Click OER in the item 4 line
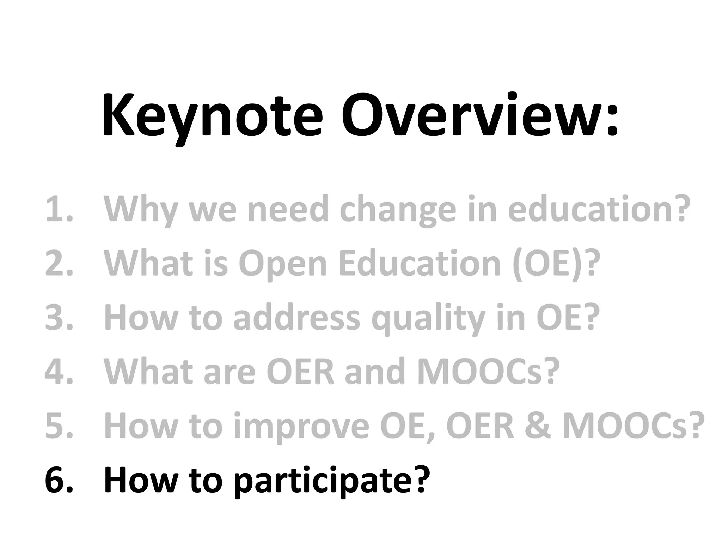300,372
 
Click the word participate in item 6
331,481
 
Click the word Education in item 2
420,264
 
